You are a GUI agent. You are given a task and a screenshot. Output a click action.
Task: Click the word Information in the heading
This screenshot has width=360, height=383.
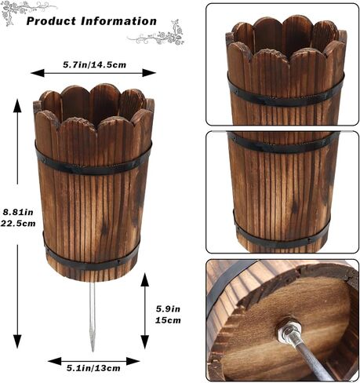pos(118,21)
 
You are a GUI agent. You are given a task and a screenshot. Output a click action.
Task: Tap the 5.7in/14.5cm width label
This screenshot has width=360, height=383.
pos(94,64)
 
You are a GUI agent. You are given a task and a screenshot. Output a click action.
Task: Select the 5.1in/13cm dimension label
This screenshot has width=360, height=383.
pos(93,368)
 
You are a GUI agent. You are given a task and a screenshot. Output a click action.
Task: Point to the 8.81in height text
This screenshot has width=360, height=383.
pos(18,212)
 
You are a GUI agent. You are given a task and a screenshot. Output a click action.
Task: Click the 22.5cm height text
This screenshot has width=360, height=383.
pos(18,224)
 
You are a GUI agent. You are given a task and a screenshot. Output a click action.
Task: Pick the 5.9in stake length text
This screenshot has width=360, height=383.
pos(168,309)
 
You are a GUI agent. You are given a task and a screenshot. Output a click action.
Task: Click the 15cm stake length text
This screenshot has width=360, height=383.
pos(168,320)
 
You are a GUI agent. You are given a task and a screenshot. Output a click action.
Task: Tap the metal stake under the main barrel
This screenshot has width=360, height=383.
pos(92,316)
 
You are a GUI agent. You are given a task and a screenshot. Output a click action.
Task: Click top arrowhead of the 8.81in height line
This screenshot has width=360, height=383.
pos(17,106)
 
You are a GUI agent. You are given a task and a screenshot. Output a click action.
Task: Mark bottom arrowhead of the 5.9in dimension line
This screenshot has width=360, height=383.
pos(145,342)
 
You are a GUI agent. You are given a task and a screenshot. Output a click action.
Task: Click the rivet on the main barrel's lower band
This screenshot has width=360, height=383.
pos(118,262)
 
